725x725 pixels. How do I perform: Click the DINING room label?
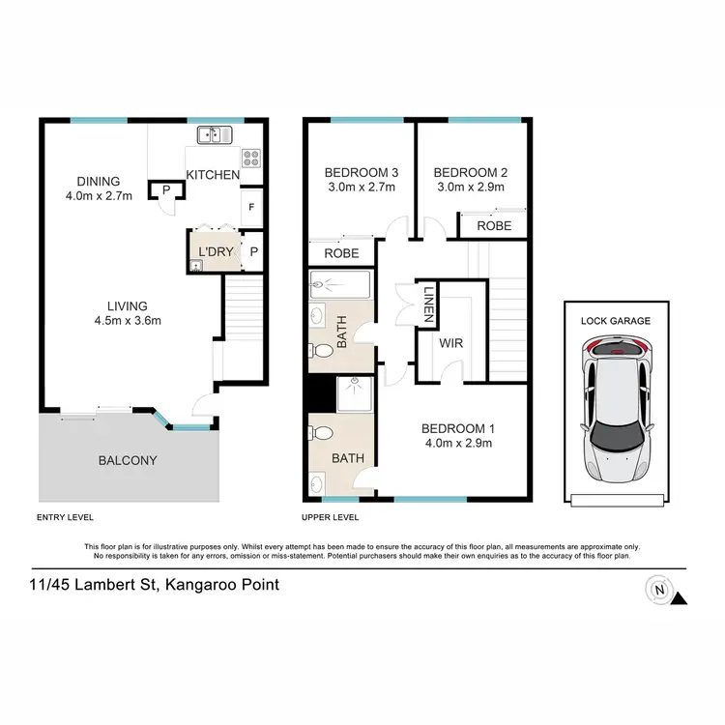coord(100,181)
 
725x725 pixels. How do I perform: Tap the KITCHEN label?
coord(213,175)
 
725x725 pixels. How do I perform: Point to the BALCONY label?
coord(127,460)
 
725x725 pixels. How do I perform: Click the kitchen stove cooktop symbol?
coord(250,157)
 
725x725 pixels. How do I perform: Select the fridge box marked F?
coord(251,207)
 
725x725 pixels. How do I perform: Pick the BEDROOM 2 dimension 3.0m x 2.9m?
coord(470,188)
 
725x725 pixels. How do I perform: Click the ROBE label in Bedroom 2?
coord(493,227)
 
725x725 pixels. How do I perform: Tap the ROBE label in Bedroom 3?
coord(341,254)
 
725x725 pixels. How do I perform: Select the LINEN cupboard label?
coord(426,304)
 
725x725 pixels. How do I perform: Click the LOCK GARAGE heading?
coord(615,320)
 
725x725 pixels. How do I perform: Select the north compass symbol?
coord(661,589)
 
